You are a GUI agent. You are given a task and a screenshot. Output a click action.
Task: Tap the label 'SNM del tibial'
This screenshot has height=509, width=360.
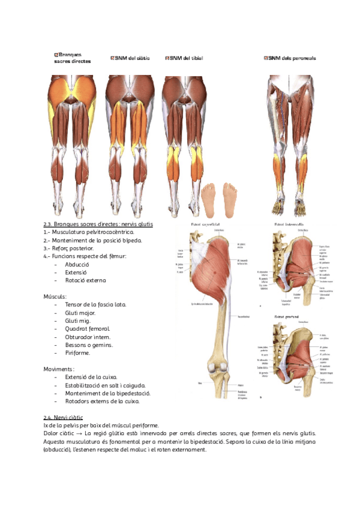click(187, 58)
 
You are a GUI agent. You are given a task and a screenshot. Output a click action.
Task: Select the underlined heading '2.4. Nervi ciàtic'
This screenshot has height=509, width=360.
click(63, 417)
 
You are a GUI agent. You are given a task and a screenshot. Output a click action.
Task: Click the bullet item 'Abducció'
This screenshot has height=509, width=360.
click(77, 264)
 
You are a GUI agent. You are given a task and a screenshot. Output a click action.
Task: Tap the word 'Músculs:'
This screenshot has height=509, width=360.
click(55, 297)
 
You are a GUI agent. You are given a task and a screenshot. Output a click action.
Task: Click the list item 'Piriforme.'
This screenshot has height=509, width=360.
click(77, 353)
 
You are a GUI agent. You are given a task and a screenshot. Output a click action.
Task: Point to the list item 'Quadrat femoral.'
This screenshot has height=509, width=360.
click(87, 329)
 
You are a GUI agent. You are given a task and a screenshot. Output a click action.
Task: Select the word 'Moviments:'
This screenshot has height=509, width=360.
click(59, 369)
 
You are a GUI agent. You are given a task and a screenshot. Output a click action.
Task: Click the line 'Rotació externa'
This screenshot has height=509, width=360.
click(85, 280)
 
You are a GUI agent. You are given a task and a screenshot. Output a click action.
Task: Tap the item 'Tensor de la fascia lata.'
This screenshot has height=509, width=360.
click(95, 304)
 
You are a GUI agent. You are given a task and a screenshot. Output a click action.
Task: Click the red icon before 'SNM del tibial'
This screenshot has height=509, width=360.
click(167, 58)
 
